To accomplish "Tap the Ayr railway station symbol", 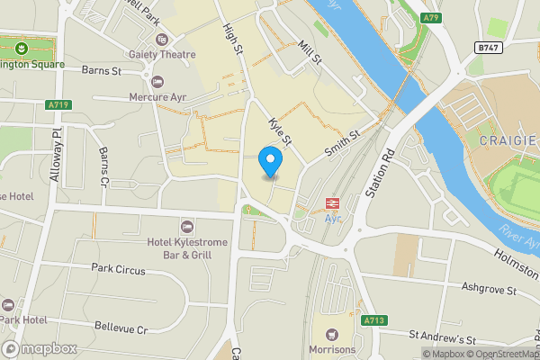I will pos(331,203).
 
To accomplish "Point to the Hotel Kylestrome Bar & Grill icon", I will pos(187,225).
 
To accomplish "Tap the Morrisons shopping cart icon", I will pos(337,333).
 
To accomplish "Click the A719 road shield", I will pos(58,105).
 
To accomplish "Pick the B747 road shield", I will pos(489,47).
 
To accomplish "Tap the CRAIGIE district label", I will pos(508,141).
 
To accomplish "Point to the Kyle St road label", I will pos(281,133).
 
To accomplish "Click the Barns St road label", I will pos(101,69).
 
